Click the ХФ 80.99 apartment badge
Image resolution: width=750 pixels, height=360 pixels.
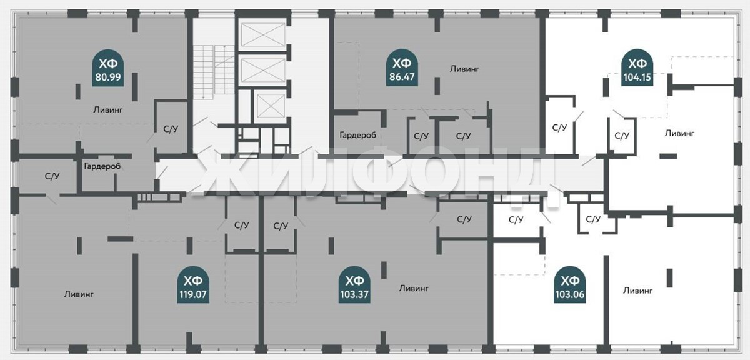click(x=107, y=68)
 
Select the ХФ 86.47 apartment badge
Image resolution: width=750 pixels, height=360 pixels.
click(x=402, y=67)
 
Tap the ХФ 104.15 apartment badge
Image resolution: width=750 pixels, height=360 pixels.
click(x=637, y=67)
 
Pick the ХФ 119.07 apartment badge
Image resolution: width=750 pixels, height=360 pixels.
click(x=193, y=284)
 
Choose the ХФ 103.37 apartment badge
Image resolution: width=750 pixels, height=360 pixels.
click(x=354, y=284)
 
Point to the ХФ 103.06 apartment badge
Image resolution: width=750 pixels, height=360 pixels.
click(x=570, y=284)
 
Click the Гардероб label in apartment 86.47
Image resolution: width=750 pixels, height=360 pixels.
click(x=357, y=135)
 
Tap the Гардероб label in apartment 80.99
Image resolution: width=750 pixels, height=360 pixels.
click(x=102, y=166)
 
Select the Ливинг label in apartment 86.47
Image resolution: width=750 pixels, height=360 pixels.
click(x=464, y=69)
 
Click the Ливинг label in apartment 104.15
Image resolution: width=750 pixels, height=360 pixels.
click(x=679, y=133)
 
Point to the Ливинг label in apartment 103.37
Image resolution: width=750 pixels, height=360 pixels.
click(x=414, y=288)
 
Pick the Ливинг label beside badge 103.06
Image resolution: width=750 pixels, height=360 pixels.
click(x=637, y=291)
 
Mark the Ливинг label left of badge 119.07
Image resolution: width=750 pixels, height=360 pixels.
click(x=79, y=294)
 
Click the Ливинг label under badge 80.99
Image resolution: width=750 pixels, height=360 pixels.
click(x=107, y=109)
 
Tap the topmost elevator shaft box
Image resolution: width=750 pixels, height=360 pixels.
click(x=263, y=34)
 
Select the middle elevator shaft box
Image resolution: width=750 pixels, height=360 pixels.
click(x=263, y=71)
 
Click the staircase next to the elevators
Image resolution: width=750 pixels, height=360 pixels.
click(x=214, y=72)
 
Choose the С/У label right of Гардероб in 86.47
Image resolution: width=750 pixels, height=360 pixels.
click(x=421, y=136)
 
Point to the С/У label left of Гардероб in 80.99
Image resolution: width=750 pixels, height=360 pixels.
click(x=52, y=176)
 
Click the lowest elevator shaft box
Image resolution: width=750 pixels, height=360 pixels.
click(x=271, y=106)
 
